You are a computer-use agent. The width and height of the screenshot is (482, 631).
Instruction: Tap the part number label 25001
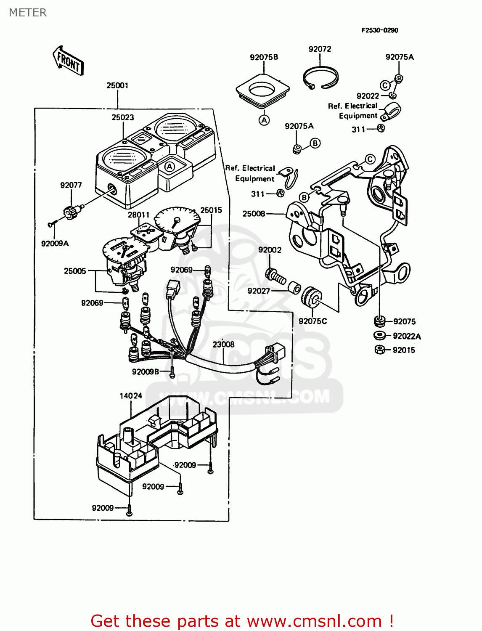coord(117,85)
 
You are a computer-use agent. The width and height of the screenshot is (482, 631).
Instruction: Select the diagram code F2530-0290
coord(379,30)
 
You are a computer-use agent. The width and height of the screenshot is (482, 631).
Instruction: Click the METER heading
coord(28,13)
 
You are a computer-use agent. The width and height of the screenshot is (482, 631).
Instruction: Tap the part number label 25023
coord(123,117)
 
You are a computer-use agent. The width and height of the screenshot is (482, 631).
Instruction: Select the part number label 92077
coord(71,185)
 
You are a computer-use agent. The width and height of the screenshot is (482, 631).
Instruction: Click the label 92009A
coord(55,244)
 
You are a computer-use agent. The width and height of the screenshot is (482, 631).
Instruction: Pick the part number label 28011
coord(138,215)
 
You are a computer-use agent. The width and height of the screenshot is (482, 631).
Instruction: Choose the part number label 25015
coord(211,210)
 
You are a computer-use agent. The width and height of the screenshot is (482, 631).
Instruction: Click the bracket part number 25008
coord(254,214)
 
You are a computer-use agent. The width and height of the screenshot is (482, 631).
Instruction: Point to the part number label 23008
coord(223,345)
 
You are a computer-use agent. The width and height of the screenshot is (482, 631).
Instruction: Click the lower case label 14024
coord(131,396)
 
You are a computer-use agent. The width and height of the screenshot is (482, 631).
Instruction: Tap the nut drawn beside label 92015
coord(379,350)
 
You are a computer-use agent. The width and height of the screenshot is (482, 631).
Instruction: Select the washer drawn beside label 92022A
coord(379,335)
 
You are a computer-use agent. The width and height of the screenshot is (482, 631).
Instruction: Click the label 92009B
coord(146,372)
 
